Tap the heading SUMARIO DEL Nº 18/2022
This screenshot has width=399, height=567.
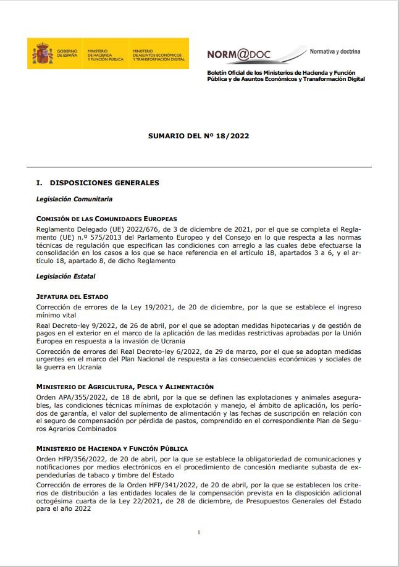tap(198, 135)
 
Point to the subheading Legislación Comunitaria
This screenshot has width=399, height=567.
tap(74, 199)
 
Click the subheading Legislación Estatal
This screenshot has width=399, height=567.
tap(65, 275)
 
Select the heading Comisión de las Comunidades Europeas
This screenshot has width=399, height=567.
tap(106, 219)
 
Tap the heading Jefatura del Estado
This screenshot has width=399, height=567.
tap(72, 297)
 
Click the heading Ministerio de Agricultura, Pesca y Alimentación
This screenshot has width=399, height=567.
tap(125, 386)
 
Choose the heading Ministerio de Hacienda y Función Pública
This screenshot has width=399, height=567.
tap(112, 448)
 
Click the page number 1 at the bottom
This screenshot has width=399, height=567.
tap(199, 532)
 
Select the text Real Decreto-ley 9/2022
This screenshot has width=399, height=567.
tap(78, 325)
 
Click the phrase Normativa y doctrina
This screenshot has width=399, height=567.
tap(335, 51)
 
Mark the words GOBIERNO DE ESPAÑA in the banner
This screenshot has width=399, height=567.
tap(66, 54)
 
